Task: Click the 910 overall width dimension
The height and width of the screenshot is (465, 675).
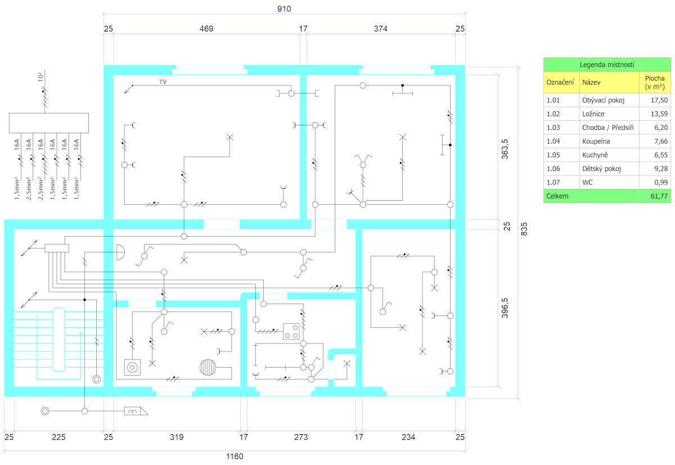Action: tap(284, 9)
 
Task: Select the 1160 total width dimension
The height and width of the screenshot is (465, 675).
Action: tap(235, 456)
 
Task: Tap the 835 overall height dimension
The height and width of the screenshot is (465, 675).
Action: tap(524, 229)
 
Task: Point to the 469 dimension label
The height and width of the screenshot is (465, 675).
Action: tap(206, 29)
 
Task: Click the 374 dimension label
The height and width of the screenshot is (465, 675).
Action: tap(380, 29)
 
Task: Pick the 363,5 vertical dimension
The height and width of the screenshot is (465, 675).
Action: tap(505, 149)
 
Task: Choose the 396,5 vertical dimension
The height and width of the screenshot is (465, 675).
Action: tap(505, 308)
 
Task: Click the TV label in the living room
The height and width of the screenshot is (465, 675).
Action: tap(163, 82)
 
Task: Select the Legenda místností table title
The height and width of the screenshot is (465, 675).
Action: tap(607, 65)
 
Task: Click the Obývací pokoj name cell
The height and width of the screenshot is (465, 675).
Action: tap(603, 100)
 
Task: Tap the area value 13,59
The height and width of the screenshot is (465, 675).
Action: tap(659, 114)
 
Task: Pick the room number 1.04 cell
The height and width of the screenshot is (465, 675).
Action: tap(553, 141)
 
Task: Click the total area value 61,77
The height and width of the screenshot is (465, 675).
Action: tap(659, 196)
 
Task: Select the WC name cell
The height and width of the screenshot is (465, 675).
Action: tap(587, 182)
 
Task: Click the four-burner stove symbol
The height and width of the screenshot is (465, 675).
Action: tap(291, 332)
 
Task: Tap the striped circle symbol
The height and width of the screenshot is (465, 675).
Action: tap(208, 367)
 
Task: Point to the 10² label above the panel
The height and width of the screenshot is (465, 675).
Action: tap(40, 77)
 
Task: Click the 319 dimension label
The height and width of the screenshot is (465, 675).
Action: tap(177, 437)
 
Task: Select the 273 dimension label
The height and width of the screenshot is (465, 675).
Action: tap(301, 437)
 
